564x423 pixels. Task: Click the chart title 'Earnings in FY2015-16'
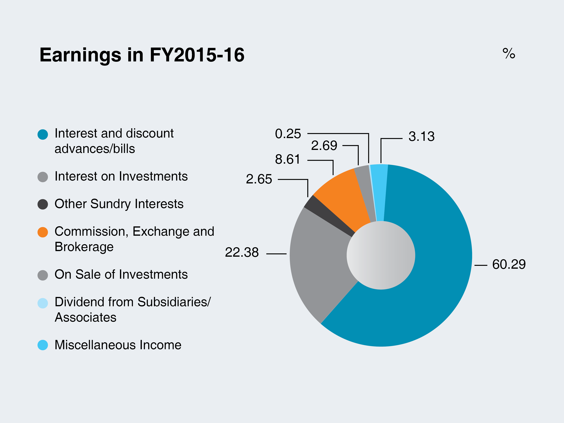pos(142,55)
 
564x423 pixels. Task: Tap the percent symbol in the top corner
pos(509,53)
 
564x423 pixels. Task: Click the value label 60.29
pos(509,264)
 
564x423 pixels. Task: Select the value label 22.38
pos(242,252)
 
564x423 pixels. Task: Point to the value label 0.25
pos(288,134)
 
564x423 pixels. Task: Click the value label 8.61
pos(288,159)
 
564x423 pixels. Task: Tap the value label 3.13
pos(422,136)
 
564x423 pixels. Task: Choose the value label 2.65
pos(259,179)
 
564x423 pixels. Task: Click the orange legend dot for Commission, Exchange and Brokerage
pos(43,232)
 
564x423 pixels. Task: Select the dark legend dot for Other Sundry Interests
pos(43,204)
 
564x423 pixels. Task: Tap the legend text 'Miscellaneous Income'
pos(118,345)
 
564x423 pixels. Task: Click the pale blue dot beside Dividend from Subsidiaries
pos(43,303)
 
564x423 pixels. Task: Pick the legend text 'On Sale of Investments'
pos(121,274)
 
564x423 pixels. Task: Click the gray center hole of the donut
pos(381,255)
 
